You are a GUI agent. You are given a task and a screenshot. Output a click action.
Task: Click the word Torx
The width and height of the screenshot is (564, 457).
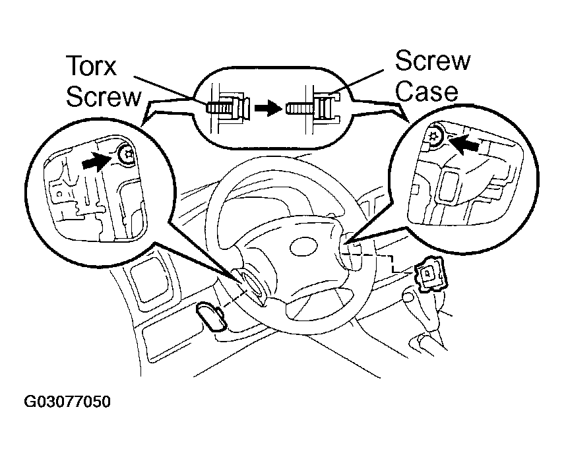click(92, 66)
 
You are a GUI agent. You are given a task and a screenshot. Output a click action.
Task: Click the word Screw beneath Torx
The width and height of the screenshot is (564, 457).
click(104, 97)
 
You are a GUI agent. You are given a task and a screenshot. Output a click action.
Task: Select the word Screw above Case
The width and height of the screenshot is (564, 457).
click(432, 61)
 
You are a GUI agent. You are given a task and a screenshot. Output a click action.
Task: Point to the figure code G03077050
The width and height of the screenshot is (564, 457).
click(67, 401)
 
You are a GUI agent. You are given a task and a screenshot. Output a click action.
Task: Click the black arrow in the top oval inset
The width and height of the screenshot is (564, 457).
click(268, 107)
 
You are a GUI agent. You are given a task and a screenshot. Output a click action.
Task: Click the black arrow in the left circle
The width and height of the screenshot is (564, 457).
click(95, 160)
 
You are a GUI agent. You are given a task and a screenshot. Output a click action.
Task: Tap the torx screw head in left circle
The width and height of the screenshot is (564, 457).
click(127, 156)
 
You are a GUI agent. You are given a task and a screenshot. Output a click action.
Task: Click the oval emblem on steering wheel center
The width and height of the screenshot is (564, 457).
click(304, 248)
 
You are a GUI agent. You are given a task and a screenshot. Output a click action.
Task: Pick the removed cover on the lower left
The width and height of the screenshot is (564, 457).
click(211, 315)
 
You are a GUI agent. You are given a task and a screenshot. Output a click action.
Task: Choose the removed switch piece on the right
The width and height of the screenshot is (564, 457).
click(430, 272)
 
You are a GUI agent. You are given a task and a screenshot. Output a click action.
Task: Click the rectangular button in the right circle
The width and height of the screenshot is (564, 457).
click(448, 185)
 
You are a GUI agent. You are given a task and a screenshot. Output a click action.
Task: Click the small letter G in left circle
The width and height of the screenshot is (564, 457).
click(60, 194)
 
